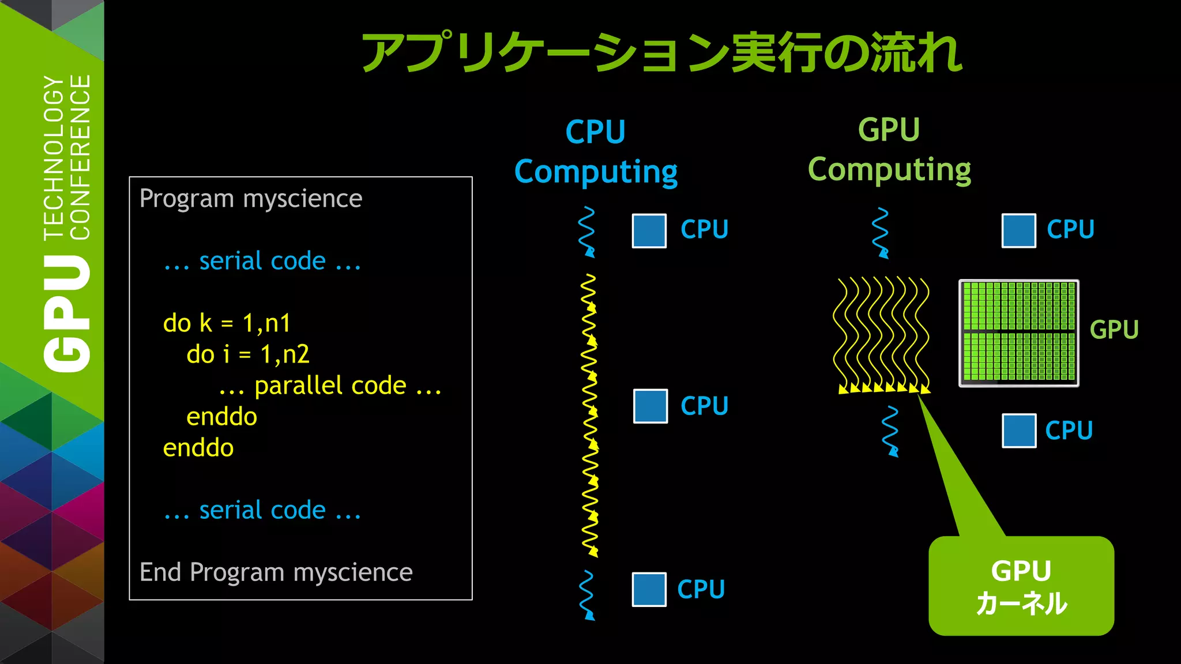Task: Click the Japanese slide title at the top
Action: [x=661, y=52]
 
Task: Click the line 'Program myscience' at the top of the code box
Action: [x=251, y=199]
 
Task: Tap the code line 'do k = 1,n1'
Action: [x=227, y=323]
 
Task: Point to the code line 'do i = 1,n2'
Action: [x=248, y=354]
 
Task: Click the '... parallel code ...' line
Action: [x=330, y=386]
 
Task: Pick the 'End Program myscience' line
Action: [x=276, y=572]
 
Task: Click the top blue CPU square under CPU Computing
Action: [x=649, y=231]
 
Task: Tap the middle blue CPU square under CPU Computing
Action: [x=650, y=406]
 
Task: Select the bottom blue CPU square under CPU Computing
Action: [x=649, y=589]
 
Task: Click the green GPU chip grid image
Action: [x=1018, y=333]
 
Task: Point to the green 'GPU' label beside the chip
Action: [x=1114, y=330]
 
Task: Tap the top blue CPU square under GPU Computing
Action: [x=1018, y=231]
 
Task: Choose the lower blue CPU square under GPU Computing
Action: [x=1019, y=431]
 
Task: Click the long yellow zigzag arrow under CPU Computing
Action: [x=589, y=415]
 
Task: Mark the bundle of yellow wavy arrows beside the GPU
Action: [x=881, y=334]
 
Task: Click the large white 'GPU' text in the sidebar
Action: [x=67, y=314]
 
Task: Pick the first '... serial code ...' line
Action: [x=262, y=261]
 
